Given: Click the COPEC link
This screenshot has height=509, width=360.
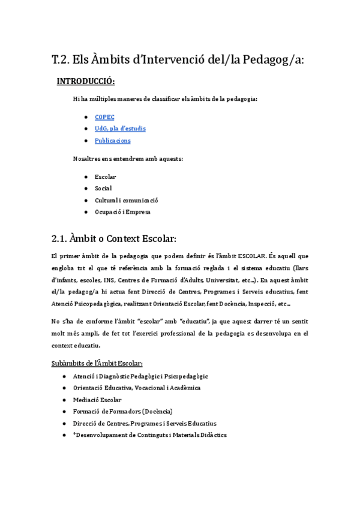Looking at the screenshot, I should tap(104, 117).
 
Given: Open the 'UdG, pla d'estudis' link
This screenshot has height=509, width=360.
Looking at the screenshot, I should tap(120, 128).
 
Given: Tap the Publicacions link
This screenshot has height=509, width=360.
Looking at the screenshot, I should tap(112, 140).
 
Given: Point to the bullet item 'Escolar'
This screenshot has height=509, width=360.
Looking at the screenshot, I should tap(105, 176).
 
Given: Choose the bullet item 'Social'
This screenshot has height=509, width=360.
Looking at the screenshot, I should tap(103, 188).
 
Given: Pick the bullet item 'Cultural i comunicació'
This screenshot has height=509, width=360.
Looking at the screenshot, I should tap(126, 200).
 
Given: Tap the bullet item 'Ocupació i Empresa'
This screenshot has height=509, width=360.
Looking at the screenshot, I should tap(122, 212).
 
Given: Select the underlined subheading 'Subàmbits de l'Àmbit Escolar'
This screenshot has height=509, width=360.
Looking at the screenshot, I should tap(97, 363).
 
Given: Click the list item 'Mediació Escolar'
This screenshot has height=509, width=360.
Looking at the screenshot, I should tap(97, 399).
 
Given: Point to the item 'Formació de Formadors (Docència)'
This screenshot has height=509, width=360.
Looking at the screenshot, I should tap(122, 411).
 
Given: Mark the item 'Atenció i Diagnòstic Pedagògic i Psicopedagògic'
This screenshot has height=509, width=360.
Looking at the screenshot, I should tap(140, 376).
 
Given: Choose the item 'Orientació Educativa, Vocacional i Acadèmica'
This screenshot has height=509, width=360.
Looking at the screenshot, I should tap(137, 388).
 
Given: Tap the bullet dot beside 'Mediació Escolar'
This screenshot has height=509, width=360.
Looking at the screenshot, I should tap(64, 399).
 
